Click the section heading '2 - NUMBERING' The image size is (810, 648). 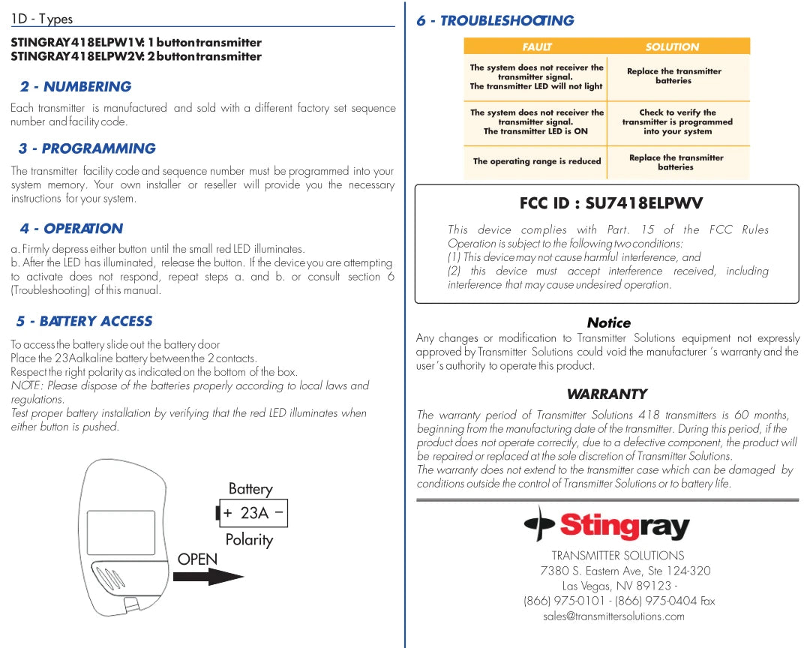click(x=76, y=87)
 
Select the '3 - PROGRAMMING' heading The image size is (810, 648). click(x=87, y=148)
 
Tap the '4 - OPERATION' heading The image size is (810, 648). click(x=71, y=229)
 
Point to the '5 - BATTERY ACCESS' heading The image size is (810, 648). click(x=85, y=321)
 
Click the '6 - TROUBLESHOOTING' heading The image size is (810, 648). click(x=495, y=21)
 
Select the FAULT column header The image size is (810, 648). click(x=536, y=46)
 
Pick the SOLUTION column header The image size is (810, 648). click(x=672, y=46)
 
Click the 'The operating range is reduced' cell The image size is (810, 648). click(x=537, y=161)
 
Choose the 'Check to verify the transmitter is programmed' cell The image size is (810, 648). click(x=677, y=122)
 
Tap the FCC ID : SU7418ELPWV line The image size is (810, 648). click(x=611, y=203)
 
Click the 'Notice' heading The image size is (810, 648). click(x=608, y=322)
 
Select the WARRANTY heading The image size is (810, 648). click(x=607, y=394)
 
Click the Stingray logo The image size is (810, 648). click(x=607, y=524)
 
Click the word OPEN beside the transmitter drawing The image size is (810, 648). click(x=197, y=559)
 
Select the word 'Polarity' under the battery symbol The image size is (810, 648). click(x=249, y=540)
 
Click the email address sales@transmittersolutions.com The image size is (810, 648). click(x=613, y=616)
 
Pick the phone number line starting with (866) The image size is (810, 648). click(x=619, y=601)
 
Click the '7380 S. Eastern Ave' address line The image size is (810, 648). click(x=625, y=571)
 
